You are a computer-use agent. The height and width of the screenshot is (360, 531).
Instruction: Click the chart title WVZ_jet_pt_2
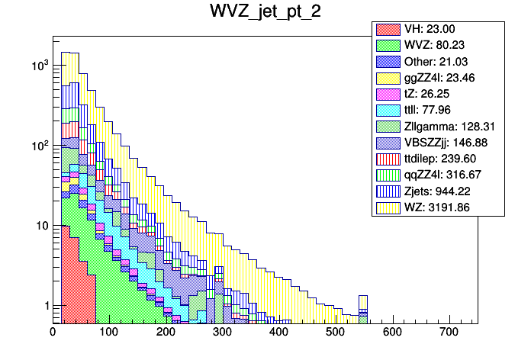(x=265, y=13)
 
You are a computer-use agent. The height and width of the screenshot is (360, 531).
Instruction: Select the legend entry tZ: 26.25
(x=432, y=94)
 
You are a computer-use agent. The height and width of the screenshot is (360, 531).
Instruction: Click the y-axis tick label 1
(x=43, y=307)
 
